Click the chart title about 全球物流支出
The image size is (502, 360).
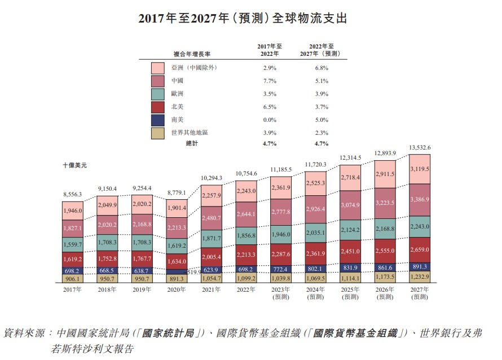coord(243,18)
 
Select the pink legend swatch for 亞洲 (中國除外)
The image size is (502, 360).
coord(157,68)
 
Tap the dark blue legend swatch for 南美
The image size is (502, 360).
coord(157,120)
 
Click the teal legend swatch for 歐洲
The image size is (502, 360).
coord(157,94)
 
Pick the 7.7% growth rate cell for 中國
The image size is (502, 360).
coord(269,81)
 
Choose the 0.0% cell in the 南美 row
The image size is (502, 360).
coord(269,120)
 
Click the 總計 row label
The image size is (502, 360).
coord(192,144)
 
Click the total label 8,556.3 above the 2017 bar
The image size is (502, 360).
coord(73,194)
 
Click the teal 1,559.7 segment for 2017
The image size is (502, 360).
coord(73,245)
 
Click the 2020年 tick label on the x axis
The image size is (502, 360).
coord(177,289)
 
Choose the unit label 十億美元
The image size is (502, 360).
coord(75,165)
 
